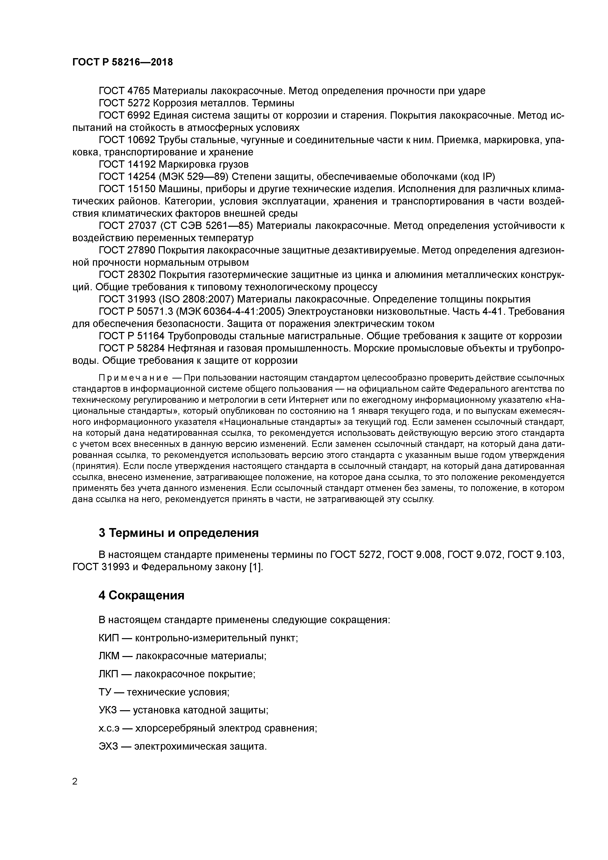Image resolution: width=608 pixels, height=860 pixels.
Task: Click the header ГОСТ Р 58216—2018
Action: point(123,62)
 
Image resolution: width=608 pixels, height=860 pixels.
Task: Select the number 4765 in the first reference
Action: point(139,91)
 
